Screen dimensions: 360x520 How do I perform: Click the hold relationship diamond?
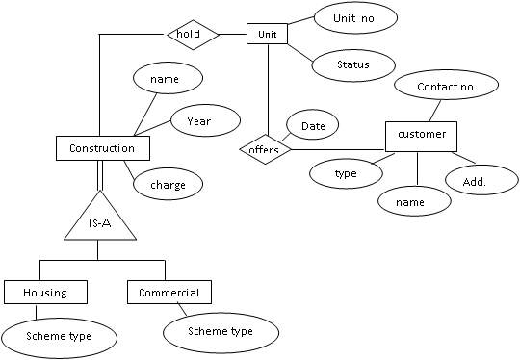point(193,35)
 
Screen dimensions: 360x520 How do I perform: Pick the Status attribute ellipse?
point(353,64)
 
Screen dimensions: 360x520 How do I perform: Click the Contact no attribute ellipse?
point(444,86)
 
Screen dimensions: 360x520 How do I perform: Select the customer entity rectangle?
point(421,135)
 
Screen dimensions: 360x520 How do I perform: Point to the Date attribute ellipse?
point(312,125)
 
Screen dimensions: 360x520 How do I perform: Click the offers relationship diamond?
point(264,149)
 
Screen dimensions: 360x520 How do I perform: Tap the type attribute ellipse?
point(346,173)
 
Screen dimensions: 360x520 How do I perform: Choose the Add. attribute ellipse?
point(472,180)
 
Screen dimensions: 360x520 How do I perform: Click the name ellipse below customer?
point(414,201)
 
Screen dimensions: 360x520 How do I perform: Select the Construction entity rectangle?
point(102,148)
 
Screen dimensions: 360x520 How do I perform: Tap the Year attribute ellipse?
point(198,121)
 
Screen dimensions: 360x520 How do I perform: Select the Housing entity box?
point(45,292)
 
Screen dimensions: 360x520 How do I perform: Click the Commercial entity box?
point(169,292)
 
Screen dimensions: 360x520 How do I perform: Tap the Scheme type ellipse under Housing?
point(59,336)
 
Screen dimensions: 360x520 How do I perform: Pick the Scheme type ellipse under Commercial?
point(221,331)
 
